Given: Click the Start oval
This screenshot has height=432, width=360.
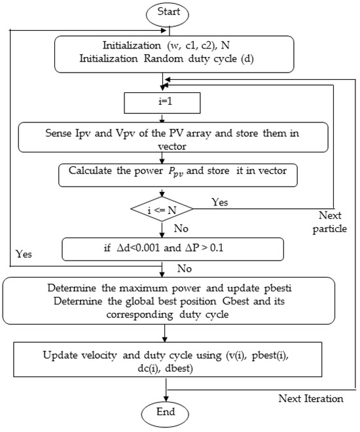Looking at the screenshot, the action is point(167,14).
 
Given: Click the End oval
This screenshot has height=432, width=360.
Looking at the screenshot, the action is point(165,414).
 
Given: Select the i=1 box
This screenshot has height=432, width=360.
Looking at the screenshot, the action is point(162,103).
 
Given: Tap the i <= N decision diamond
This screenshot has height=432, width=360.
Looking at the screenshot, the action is point(162,209).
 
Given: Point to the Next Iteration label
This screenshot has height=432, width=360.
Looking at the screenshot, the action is point(311,399).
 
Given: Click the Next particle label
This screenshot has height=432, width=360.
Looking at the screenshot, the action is point(329,222).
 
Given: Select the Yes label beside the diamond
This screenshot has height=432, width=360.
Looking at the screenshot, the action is point(219,202).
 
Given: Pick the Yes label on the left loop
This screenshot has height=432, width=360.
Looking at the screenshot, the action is point(24,254).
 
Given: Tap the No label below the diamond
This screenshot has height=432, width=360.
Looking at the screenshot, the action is point(181,228).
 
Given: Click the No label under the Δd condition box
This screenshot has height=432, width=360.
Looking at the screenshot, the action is point(185,268).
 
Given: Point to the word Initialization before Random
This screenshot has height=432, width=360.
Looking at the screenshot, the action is point(108,58).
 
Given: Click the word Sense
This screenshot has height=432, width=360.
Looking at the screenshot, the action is point(59,133).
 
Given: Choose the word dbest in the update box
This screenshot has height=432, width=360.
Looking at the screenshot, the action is point(179,369).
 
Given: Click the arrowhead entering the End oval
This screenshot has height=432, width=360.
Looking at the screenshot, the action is point(166,399).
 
